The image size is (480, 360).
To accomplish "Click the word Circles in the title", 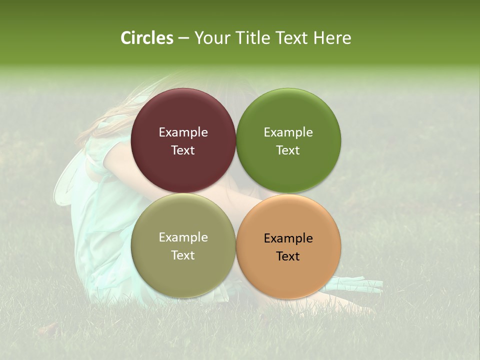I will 146,38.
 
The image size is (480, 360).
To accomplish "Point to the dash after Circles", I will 183,38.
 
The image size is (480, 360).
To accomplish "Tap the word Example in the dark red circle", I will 183,132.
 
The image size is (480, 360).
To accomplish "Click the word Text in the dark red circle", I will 183,150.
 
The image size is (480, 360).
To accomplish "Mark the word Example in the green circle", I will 288,132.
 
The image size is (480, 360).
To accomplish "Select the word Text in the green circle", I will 288,150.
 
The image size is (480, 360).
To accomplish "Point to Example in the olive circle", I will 183,237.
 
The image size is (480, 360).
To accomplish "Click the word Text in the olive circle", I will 183,255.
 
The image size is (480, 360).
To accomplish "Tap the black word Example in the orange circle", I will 288,238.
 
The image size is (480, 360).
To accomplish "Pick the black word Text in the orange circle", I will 288,256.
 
